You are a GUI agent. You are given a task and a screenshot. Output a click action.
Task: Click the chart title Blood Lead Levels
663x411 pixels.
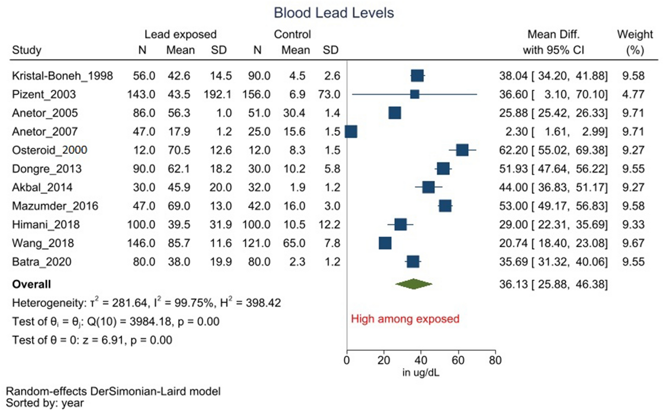point(333,13)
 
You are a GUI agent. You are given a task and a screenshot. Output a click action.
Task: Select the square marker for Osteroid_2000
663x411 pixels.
point(462,150)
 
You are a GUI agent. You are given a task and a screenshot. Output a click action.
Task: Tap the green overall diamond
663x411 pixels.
point(414,284)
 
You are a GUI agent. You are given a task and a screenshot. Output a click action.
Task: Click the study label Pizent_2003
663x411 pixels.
point(44,94)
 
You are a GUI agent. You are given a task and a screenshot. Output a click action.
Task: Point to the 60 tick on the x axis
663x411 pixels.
point(458,360)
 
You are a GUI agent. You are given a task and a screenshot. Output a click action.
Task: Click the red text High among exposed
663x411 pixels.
point(405,319)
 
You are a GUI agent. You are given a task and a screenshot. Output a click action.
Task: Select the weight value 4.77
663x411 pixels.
point(633,94)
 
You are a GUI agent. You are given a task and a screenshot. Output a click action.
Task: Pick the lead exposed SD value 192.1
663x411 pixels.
point(218,94)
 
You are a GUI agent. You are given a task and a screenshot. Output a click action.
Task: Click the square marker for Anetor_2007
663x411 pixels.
point(351,132)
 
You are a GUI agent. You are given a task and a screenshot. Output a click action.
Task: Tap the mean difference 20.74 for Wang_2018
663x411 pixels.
point(513,243)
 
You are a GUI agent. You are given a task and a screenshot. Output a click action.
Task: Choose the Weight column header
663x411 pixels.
point(635,34)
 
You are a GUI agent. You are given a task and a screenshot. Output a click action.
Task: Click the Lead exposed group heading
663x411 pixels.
point(181,34)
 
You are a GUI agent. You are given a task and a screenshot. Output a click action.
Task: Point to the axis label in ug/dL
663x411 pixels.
point(421,372)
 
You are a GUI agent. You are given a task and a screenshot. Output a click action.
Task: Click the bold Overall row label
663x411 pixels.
point(31,284)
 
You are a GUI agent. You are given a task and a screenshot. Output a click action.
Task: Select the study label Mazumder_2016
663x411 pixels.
point(55,206)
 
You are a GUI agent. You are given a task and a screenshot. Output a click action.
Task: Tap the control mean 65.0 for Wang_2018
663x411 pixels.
point(294,243)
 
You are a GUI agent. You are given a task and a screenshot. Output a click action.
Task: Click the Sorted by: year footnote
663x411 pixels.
point(45,403)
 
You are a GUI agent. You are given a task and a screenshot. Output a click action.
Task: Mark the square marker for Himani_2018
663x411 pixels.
point(400,224)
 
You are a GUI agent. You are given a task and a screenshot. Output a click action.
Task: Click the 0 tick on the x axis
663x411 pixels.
point(347,360)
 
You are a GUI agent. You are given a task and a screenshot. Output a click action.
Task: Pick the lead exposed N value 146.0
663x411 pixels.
point(141,243)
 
